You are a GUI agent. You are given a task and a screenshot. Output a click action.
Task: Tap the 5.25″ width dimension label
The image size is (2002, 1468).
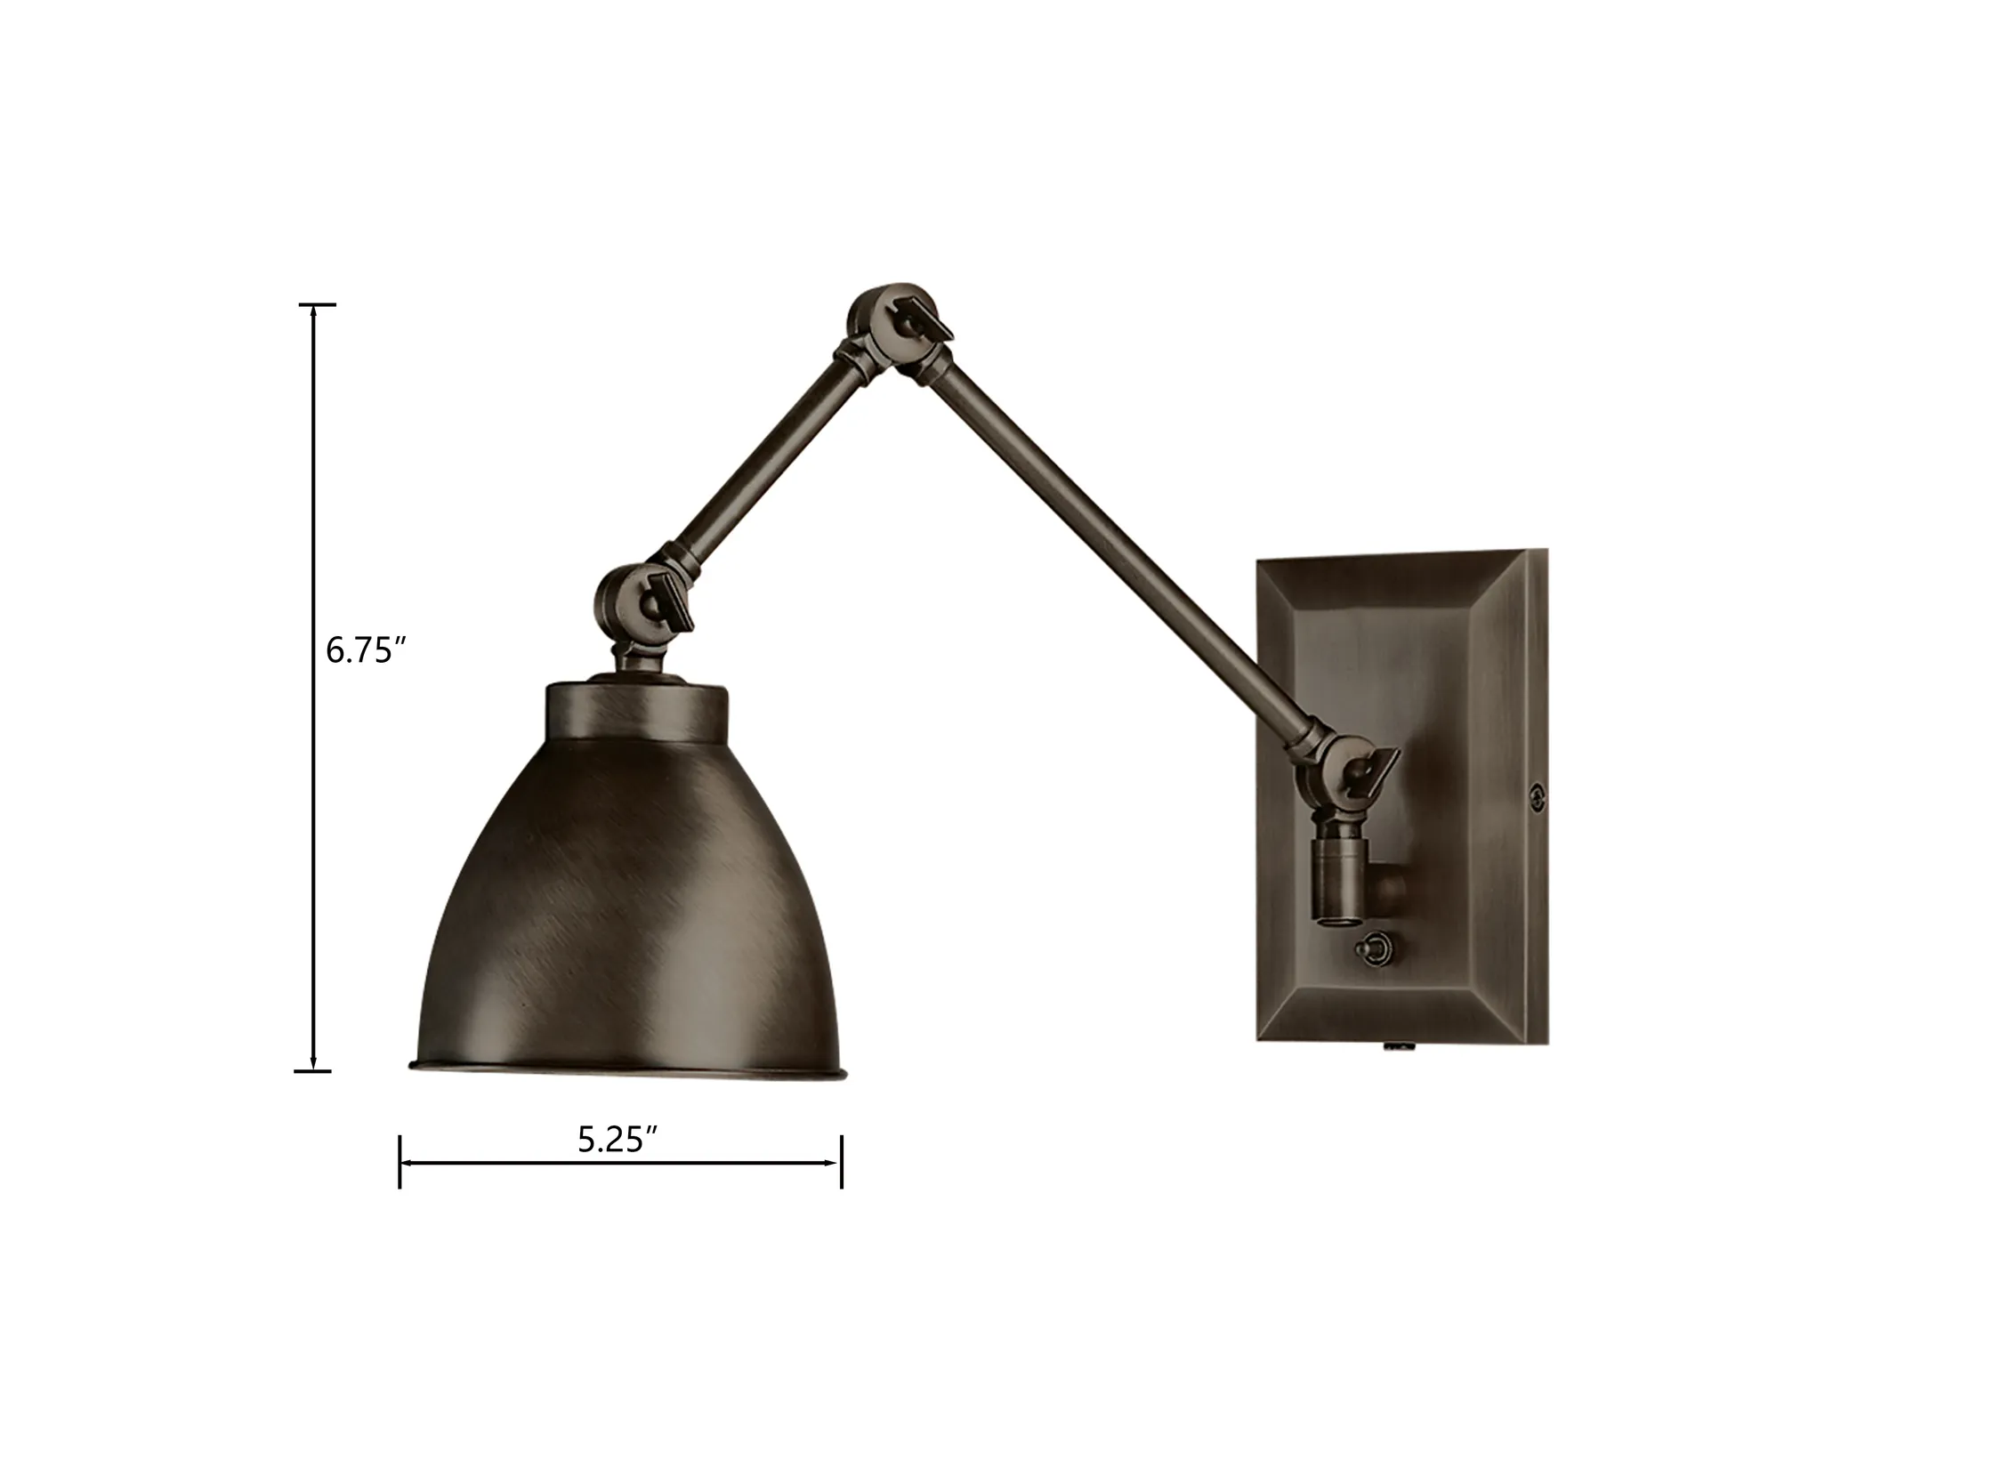tap(618, 1141)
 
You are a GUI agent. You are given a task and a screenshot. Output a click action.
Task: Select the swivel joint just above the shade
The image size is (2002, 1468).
tap(642, 605)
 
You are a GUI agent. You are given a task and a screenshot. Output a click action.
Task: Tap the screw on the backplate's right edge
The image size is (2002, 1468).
tap(1533, 796)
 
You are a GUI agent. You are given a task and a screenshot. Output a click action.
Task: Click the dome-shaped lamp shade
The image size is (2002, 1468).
tap(627, 890)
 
